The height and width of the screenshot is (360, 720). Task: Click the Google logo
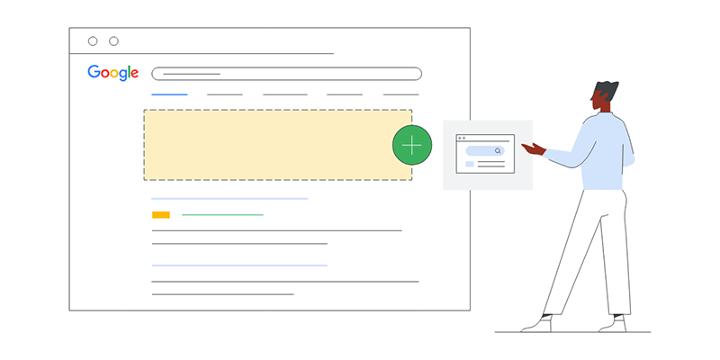tap(113, 73)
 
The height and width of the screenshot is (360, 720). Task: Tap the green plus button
tap(412, 145)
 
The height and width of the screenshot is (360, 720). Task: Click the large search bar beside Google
tap(286, 74)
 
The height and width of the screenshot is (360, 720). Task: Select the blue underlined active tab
tap(169, 94)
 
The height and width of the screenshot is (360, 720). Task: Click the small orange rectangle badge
tap(161, 215)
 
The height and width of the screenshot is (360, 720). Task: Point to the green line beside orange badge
tap(222, 215)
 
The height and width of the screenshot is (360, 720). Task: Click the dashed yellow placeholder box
tap(278, 145)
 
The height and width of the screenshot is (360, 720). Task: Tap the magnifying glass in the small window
tap(498, 150)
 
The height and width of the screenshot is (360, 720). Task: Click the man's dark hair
tap(606, 89)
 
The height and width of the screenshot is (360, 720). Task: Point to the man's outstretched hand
tap(534, 148)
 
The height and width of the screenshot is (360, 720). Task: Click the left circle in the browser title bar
tap(93, 41)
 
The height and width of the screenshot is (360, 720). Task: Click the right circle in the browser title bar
tap(114, 41)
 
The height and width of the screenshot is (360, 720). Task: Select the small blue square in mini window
tap(469, 164)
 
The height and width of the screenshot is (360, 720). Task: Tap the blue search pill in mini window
tap(485, 150)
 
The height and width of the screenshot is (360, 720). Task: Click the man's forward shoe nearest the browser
tap(536, 324)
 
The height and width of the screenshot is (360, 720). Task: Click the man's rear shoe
tap(613, 324)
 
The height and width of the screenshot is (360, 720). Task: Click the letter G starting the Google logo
tap(94, 72)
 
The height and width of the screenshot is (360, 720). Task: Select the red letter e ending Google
tap(133, 74)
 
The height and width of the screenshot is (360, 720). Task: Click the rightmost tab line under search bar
tap(400, 94)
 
